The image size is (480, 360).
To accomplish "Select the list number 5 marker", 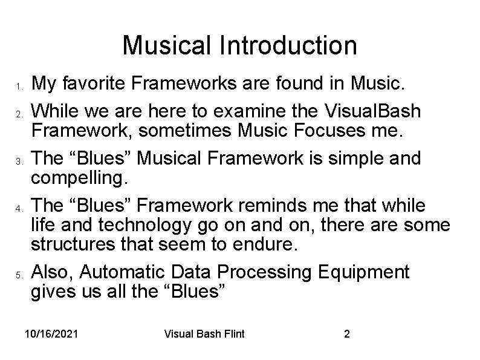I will [x=19, y=275].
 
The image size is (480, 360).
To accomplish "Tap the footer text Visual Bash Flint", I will [x=204, y=334].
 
